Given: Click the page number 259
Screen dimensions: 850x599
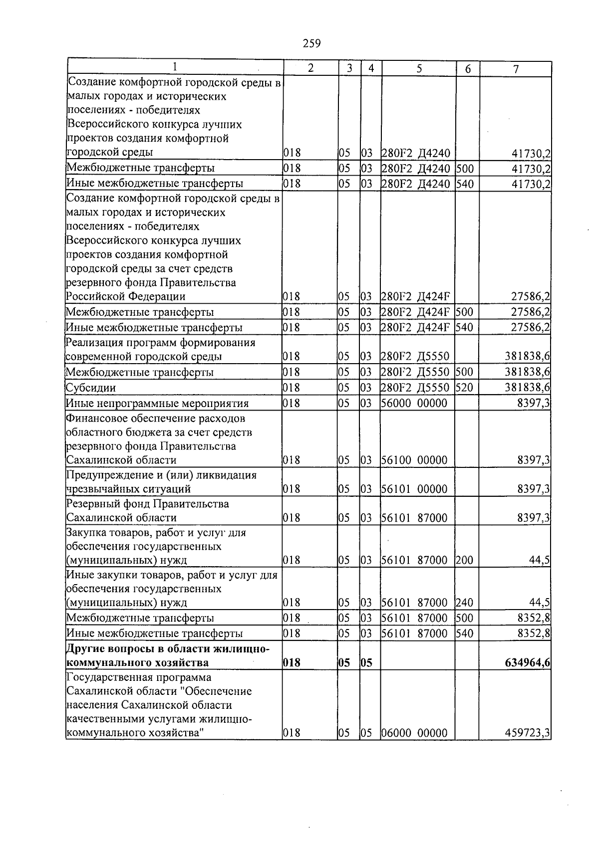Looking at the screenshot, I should pos(311,43).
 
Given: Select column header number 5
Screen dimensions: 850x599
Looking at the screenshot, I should pos(419,69).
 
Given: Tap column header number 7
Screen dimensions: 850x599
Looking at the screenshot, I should pos(516,69).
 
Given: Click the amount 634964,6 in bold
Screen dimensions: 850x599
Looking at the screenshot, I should pos(525,663).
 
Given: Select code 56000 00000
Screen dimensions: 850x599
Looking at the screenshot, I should pos(414,404).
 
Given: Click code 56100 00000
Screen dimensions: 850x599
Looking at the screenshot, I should pos(414,460).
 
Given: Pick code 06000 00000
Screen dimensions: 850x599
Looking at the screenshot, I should pos(414,733).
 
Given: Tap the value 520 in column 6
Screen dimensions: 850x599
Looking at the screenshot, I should pos(464,388).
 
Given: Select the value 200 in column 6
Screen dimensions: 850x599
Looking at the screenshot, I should pos(464,560).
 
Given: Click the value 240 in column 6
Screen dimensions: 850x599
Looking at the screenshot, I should pos(464,603).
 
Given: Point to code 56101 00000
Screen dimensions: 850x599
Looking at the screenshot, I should pos(414,489).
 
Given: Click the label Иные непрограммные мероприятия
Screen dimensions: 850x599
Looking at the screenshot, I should pos(158,404).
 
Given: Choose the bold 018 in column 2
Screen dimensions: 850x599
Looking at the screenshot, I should pos(292,663).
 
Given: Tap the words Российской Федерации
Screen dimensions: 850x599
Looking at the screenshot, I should pos(126,297).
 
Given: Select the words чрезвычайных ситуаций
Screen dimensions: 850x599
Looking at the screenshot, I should pos(129,489).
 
